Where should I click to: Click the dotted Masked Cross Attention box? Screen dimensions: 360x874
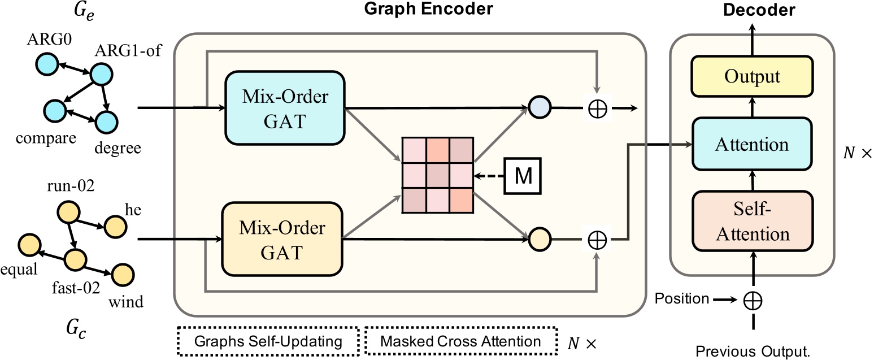pos(460,342)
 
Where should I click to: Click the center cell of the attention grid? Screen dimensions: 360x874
pos(438,175)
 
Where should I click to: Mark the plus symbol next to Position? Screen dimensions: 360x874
pos(754,299)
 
